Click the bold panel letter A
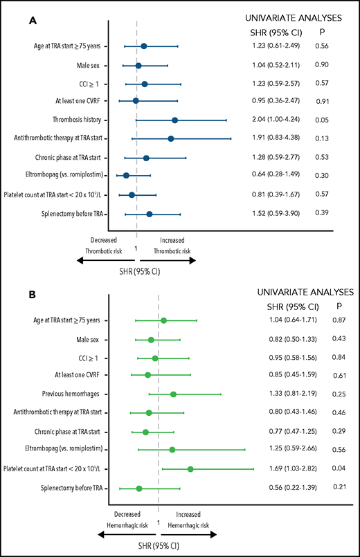(33, 22)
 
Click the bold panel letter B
(33, 295)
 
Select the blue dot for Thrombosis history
(174, 120)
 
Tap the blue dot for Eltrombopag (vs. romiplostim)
(126, 175)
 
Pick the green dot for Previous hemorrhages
(173, 394)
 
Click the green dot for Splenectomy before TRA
(139, 488)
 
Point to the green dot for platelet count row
(190, 468)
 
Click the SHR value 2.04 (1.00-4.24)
(280, 120)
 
